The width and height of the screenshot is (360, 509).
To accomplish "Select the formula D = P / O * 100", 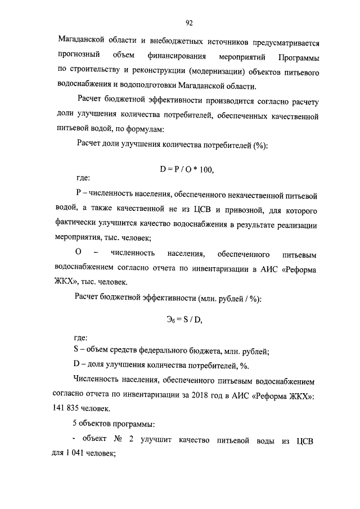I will tap(188, 168).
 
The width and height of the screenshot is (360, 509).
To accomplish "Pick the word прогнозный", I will tap(79, 57).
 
